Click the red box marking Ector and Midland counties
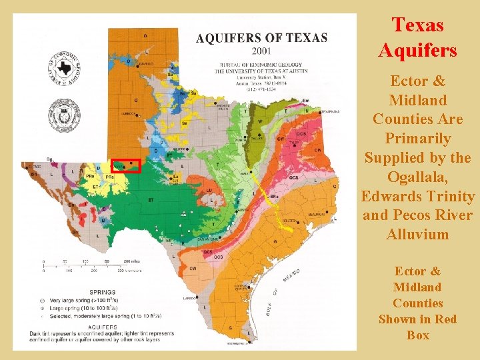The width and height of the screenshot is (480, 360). coord(125,165)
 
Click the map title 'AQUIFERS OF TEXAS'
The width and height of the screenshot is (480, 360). coord(261,38)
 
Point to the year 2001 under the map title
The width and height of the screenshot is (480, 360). coord(261,49)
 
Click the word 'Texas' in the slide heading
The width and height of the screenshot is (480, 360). coord(418,25)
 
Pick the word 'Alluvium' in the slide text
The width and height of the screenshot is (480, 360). coord(417,234)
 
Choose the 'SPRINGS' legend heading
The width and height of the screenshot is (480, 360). coord(100,292)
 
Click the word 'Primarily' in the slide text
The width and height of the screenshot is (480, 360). coord(417,139)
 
